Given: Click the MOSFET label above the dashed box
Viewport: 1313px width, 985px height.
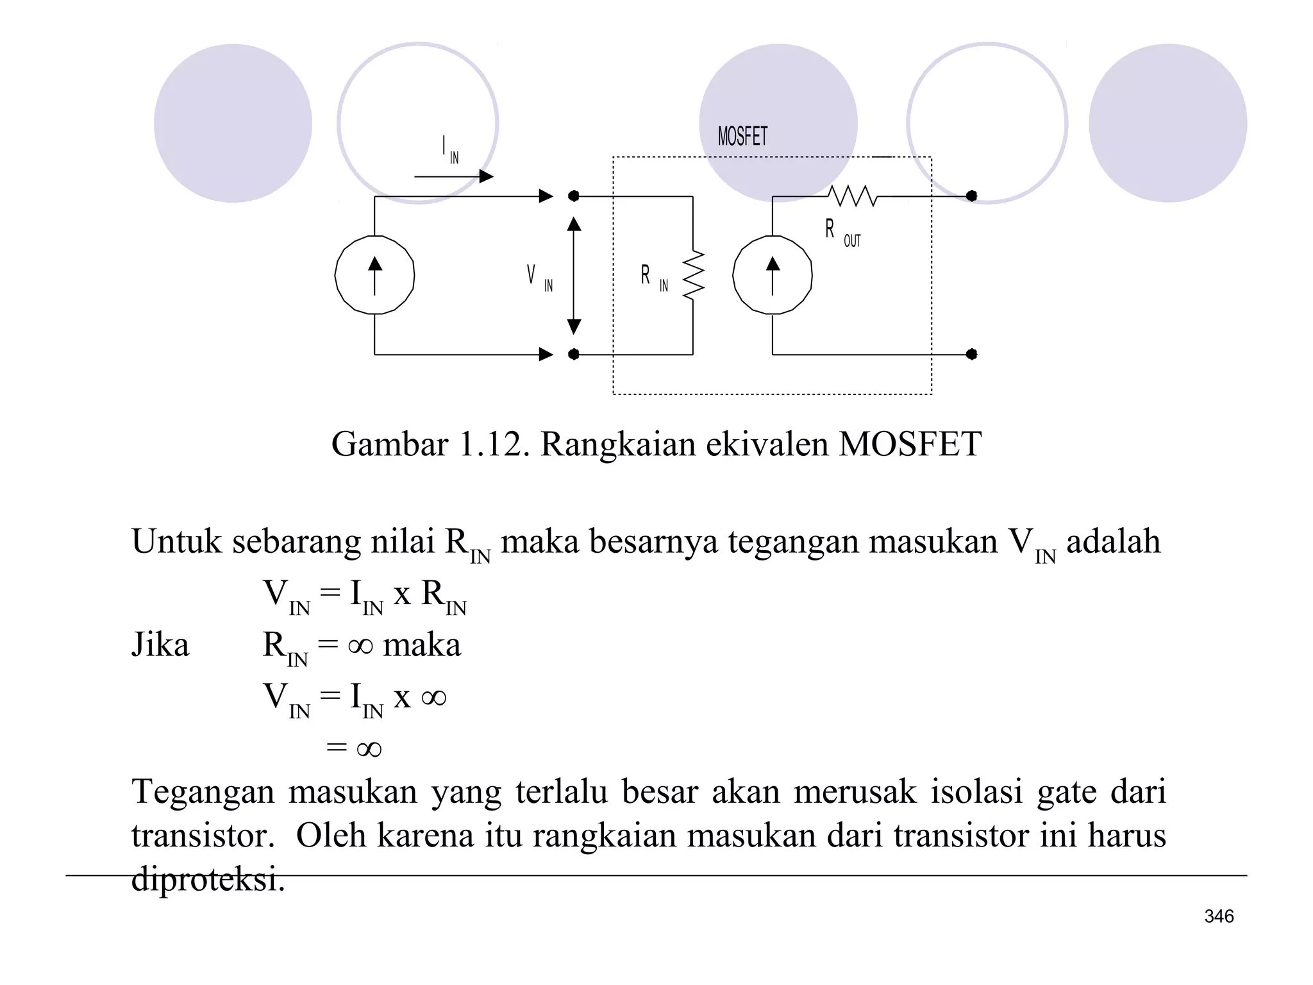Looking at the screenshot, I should tap(742, 137).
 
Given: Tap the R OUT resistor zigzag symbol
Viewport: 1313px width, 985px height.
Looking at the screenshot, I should tap(852, 196).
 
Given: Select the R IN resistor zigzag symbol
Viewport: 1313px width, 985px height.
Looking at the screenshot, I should tap(694, 275).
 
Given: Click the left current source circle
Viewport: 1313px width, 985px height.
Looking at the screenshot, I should tap(374, 275).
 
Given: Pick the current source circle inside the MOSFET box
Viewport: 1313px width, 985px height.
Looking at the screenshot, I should tap(773, 275).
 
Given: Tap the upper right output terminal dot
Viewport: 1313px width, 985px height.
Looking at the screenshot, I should tap(971, 196).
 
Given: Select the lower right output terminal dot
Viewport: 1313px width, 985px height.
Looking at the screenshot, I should tap(971, 354).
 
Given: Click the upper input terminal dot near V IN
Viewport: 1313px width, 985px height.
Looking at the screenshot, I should tap(574, 196).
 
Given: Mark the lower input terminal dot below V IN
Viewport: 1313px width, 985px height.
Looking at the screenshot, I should tap(574, 354).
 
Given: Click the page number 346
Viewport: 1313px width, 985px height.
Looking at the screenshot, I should tap(1219, 916).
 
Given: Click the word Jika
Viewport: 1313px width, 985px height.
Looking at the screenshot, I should tap(160, 644).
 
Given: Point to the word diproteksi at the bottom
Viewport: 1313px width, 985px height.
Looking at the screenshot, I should tap(207, 878).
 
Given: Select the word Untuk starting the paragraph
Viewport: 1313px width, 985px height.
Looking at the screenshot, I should tap(176, 541).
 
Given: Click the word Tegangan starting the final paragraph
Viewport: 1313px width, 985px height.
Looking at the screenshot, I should tap(203, 791).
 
